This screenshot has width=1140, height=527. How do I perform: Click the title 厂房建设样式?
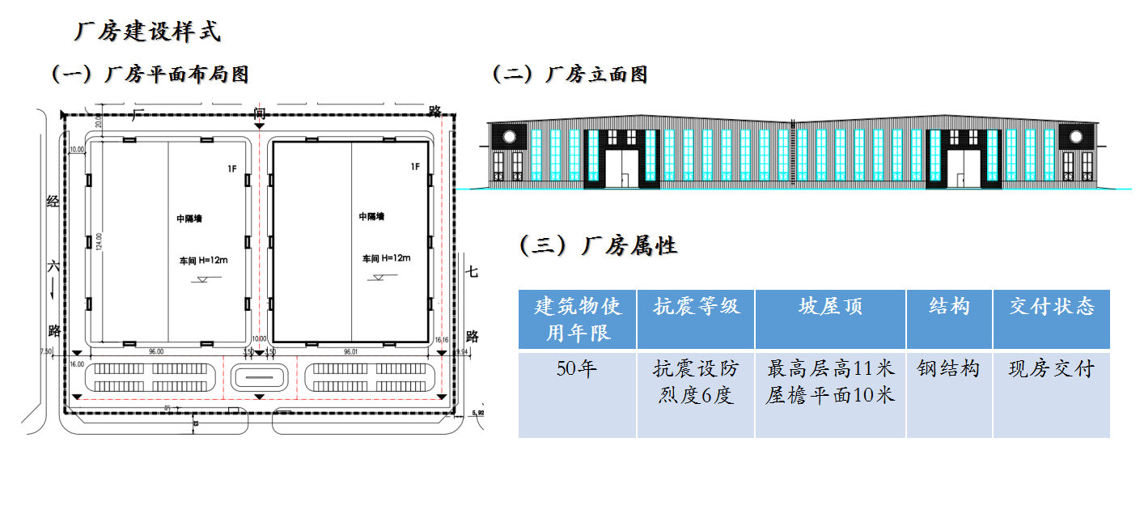click(147, 32)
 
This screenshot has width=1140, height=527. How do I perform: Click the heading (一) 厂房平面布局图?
click(150, 74)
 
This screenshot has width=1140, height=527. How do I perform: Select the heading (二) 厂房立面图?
click(570, 74)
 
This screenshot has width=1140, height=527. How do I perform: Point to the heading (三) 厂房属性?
click(598, 245)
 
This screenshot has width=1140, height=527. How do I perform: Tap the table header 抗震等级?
click(696, 307)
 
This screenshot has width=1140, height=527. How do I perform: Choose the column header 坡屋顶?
click(830, 307)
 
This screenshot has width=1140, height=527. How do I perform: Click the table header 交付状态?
click(1051, 307)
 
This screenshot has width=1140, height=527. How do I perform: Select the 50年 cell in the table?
click(576, 369)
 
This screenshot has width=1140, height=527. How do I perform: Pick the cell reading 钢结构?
click(948, 369)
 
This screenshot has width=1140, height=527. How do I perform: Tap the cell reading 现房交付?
click(1051, 369)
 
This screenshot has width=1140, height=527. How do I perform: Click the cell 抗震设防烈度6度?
click(696, 383)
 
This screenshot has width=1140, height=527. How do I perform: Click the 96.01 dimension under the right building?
click(351, 352)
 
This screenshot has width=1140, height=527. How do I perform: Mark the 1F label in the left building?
click(232, 168)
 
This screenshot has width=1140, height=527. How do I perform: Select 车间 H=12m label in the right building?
click(386, 258)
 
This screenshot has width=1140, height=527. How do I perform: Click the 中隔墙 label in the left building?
click(189, 219)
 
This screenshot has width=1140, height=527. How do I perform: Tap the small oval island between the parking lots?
click(259, 376)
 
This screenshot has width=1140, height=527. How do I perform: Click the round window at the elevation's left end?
click(510, 136)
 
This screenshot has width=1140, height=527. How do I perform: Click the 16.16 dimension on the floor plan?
click(442, 341)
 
